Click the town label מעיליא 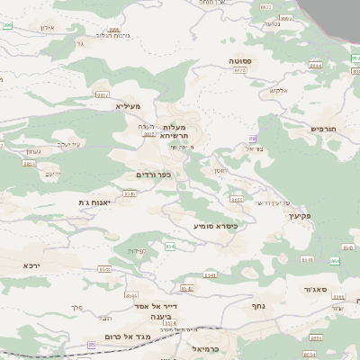pos(129,106)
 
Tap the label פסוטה pos(240,60)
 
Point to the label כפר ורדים pos(153,175)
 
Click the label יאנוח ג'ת pos(94,202)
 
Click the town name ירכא pos(32,266)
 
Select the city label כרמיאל pos(206,347)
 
